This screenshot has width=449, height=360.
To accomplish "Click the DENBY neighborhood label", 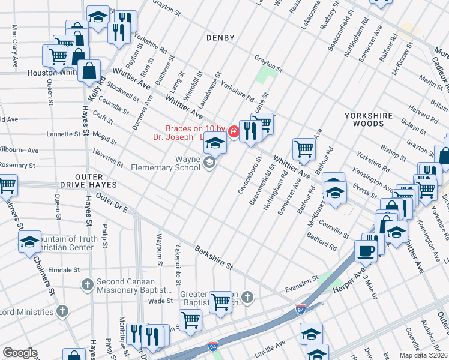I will tap(220, 38).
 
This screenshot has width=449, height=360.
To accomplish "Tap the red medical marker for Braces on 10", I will tap(232, 129).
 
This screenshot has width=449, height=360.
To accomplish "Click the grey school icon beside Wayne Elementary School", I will tap(209, 163).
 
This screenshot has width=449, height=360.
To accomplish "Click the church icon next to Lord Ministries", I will tap(62, 311).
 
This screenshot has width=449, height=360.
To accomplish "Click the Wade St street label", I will tap(160, 301).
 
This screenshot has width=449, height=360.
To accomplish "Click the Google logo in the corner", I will tap(20, 353).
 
